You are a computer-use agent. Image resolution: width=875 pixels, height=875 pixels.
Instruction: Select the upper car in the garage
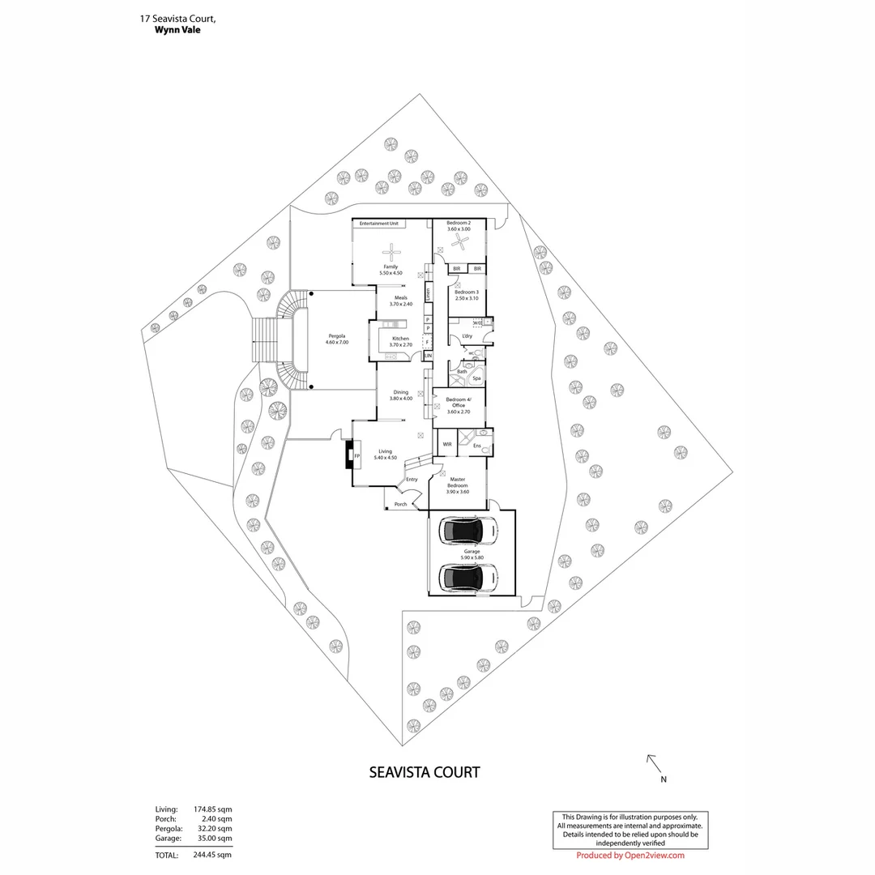pyautogui.click(x=460, y=531)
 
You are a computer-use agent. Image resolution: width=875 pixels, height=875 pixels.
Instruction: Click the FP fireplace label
pyautogui.click(x=356, y=456)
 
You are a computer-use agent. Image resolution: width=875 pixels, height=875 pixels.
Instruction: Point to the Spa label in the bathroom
pyautogui.click(x=476, y=378)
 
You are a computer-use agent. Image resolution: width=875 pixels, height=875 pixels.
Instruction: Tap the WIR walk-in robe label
pyautogui.click(x=446, y=444)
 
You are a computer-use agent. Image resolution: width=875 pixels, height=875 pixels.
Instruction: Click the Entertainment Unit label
pyautogui.click(x=377, y=223)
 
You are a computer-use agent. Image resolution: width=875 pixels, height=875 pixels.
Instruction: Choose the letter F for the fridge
pyautogui.click(x=427, y=342)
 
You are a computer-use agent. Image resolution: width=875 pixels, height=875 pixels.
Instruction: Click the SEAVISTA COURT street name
pyautogui.click(x=424, y=772)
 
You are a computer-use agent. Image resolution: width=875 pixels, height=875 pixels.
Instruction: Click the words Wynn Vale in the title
pyautogui.click(x=177, y=30)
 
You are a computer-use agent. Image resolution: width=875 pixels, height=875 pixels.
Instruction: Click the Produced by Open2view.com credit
pyautogui.click(x=630, y=855)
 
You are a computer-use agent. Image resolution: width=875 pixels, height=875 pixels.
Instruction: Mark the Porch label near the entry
pyautogui.click(x=400, y=504)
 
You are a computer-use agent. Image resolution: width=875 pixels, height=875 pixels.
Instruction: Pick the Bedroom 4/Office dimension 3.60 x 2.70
pyautogui.click(x=458, y=412)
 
